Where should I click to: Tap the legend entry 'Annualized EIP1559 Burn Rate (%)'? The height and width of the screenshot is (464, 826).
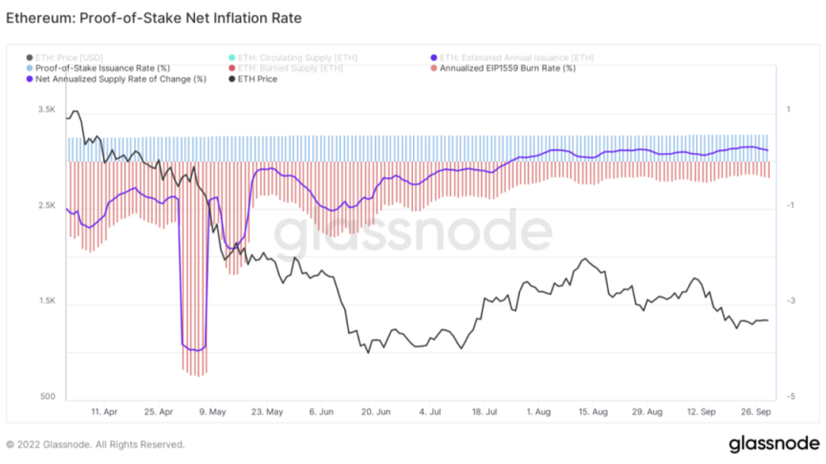click(x=507, y=68)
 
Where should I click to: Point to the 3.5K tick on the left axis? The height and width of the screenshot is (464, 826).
click(x=47, y=110)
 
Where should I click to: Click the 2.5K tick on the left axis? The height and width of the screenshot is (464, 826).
click(x=47, y=206)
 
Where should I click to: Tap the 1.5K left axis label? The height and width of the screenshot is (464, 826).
click(x=47, y=301)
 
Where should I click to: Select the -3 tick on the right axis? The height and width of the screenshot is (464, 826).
click(x=791, y=301)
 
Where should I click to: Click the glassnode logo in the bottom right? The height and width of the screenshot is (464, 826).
click(x=772, y=444)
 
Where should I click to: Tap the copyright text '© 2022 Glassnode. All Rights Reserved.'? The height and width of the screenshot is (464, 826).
click(x=96, y=444)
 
